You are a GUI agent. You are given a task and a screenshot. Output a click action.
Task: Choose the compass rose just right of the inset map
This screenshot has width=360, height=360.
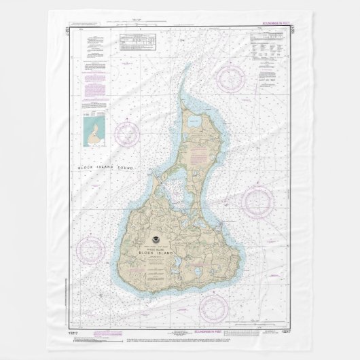tap(126, 132)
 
